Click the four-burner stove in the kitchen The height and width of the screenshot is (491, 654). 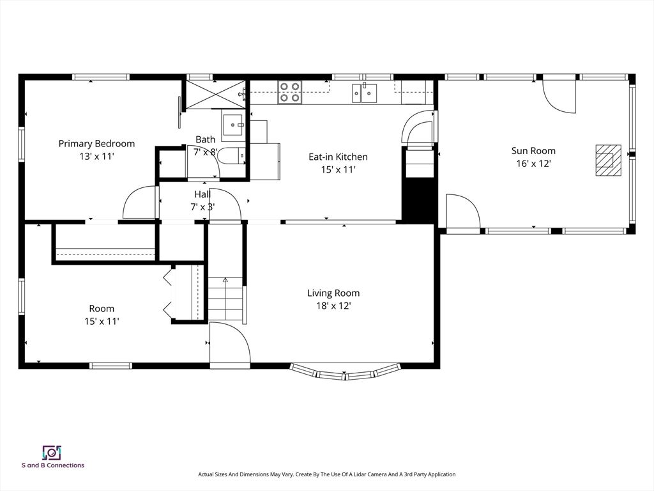pyautogui.click(x=289, y=92)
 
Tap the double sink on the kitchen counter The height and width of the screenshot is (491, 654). pyautogui.click(x=364, y=93)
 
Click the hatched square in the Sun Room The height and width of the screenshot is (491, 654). pyautogui.click(x=608, y=160)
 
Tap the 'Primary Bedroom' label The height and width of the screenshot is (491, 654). pyautogui.click(x=96, y=144)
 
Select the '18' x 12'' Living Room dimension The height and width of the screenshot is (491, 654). pyautogui.click(x=333, y=306)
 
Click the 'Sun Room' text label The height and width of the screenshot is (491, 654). pyautogui.click(x=533, y=151)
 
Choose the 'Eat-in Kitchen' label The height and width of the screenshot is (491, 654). pyautogui.click(x=338, y=157)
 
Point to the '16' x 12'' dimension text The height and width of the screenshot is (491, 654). pyautogui.click(x=533, y=164)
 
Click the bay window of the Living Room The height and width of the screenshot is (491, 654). pyautogui.click(x=346, y=373)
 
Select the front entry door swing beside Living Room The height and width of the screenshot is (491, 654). pyautogui.click(x=229, y=345)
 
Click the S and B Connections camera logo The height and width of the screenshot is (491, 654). pyautogui.click(x=51, y=453)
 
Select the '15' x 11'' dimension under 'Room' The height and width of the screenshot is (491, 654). pyautogui.click(x=102, y=321)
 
